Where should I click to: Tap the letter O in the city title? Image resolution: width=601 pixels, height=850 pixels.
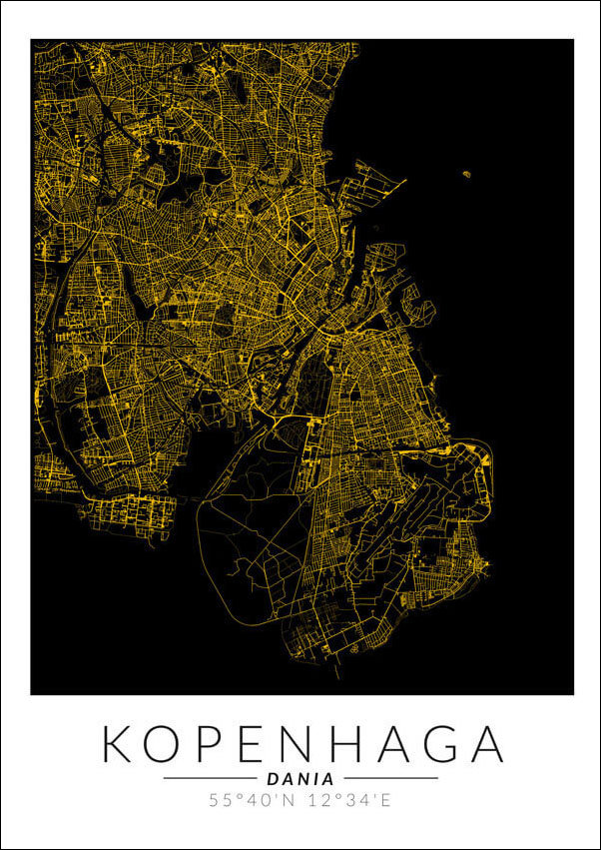point(171,745)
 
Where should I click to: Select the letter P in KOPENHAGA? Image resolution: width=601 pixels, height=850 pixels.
point(219,745)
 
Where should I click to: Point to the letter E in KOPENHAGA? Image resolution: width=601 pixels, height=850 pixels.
point(262,745)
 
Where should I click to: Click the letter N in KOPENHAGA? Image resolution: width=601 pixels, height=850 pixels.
point(308,745)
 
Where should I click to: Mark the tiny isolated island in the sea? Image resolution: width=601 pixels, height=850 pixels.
point(466,175)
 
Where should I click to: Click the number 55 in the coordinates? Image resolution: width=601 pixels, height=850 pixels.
point(220,800)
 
